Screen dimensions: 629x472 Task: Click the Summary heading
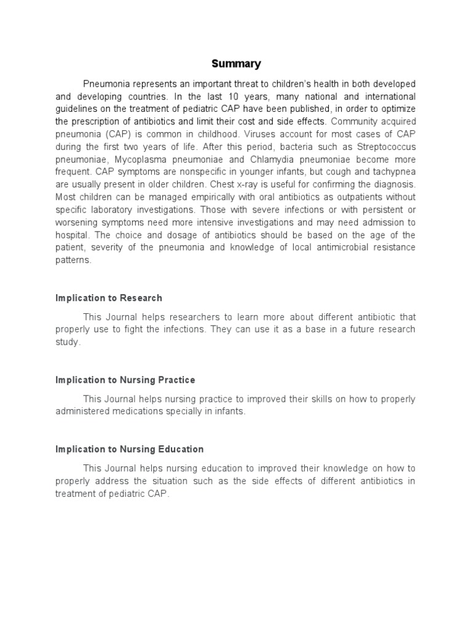tap(236, 63)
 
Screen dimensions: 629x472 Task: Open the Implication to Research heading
tap(109, 298)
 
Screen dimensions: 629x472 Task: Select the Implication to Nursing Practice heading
tap(125, 380)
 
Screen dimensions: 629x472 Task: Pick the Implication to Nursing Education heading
tap(130, 449)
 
